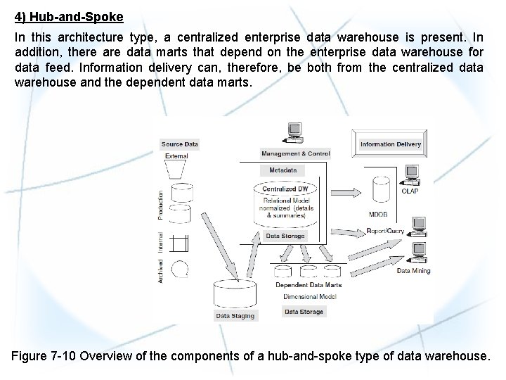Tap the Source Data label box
point(180,144)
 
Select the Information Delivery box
point(391,144)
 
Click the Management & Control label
point(295,153)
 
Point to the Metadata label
point(283,170)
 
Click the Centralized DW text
point(284,189)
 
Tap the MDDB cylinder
point(382,189)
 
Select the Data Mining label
point(413,271)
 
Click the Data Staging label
point(235,316)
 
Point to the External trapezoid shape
point(176,170)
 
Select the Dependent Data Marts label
point(309,285)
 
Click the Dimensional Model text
point(309,297)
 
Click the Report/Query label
point(386,231)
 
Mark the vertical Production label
point(161,205)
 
